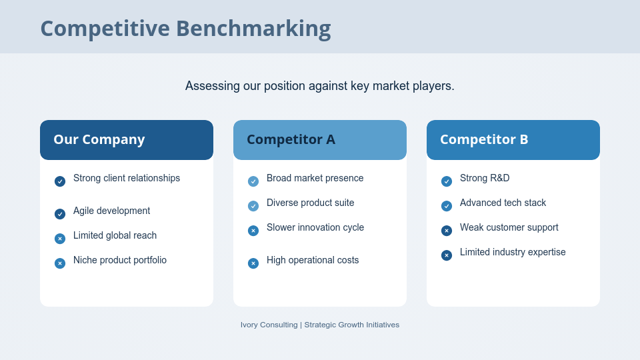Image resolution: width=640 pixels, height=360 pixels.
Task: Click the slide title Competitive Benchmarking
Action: pos(185,29)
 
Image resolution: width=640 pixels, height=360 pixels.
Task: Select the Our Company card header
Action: pos(127,140)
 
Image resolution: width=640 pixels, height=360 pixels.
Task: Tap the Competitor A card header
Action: pos(320,140)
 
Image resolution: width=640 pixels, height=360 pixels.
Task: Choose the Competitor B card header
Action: pos(513,140)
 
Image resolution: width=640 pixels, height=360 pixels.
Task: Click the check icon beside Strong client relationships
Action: pos(60,181)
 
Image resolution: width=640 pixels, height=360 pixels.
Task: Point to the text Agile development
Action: pos(111,211)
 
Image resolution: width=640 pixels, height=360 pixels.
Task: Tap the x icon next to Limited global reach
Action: pos(60,239)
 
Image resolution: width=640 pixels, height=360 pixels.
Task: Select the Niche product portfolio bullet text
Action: pos(120,260)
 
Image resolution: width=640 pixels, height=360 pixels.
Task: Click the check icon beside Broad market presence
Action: pos(253,181)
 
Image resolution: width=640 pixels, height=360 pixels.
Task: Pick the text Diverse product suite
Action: pos(310,203)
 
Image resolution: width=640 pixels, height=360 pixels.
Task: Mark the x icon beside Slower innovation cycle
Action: pos(253,231)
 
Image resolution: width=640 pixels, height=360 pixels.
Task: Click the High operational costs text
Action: pos(313,260)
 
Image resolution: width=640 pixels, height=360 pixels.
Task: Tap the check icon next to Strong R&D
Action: pos(447,181)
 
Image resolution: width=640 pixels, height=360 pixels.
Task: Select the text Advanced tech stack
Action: pos(503,203)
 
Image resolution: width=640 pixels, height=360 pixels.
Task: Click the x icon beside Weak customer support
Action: pos(447,231)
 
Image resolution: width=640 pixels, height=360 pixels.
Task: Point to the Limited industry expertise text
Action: pos(513,252)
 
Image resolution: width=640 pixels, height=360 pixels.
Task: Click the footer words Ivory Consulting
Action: pos(269,325)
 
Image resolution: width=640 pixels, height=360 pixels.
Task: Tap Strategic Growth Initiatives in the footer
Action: pos(352,325)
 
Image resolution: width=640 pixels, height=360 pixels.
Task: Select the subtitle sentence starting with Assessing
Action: pos(320,86)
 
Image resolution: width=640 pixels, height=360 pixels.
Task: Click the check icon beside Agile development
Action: pos(60,214)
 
